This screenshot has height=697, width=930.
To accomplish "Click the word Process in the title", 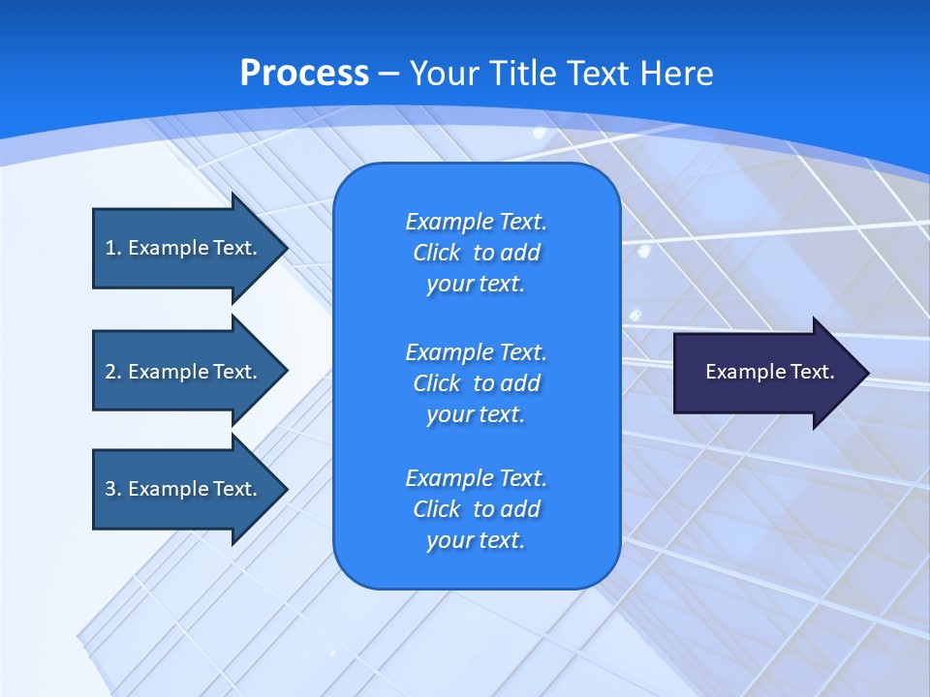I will point(304,74).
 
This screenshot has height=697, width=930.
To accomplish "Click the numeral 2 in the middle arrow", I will point(110,372).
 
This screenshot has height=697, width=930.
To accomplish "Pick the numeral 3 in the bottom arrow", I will point(110,489).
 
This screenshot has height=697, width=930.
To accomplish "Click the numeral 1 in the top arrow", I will point(110,248).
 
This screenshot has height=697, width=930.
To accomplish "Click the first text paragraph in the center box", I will point(476,253).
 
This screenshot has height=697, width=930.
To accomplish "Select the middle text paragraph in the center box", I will point(476,383).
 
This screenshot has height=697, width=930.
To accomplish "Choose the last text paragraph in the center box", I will point(476,509).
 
